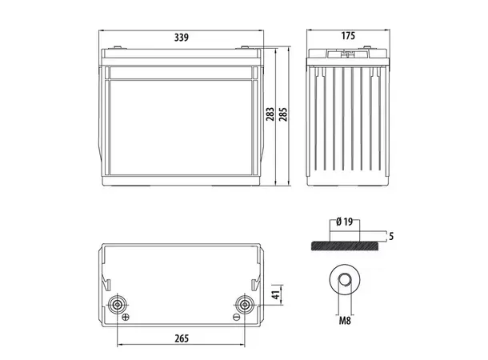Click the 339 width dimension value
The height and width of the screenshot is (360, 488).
182,37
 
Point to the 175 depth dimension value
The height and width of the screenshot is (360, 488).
349,37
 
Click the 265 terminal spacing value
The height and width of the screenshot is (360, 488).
181,337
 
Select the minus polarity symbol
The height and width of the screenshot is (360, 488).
236,317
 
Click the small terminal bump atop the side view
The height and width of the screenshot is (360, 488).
348,55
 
